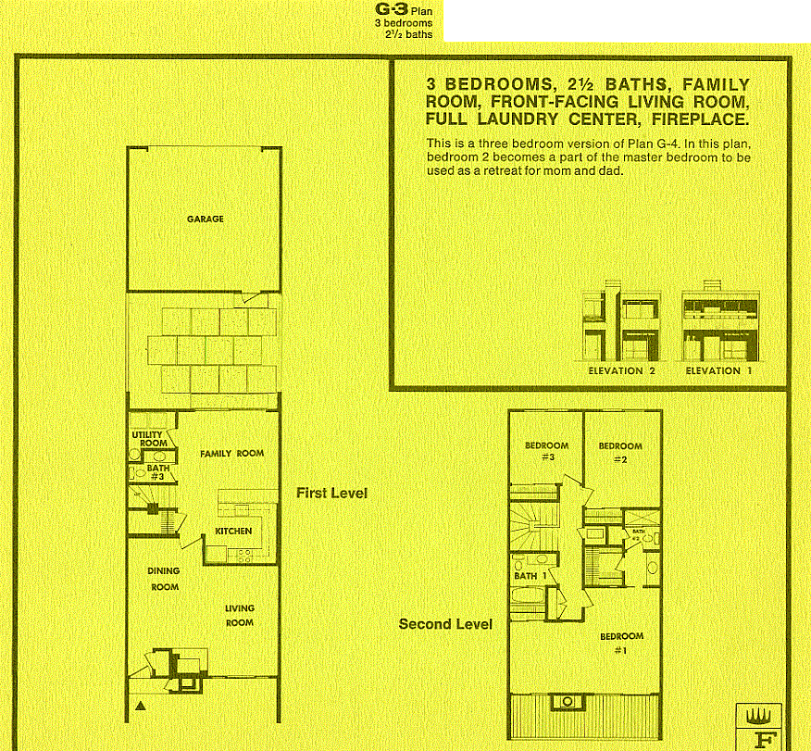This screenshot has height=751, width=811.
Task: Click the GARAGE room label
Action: pos(205,219)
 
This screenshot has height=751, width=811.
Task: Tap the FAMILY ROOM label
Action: pos(231,454)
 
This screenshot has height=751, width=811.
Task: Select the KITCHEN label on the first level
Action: pos(233,532)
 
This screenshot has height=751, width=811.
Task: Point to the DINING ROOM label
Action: pos(164,579)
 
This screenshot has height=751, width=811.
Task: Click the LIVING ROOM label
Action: pos(239,616)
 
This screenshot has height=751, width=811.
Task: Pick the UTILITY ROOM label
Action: pos(148,439)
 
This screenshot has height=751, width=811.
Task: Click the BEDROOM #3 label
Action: pos(545,451)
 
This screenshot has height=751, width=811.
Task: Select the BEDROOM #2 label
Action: pos(619,451)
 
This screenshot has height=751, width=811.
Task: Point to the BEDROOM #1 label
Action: pos(621,642)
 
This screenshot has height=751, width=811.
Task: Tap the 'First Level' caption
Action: pos(331,493)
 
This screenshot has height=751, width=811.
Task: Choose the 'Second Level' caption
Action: pos(445,624)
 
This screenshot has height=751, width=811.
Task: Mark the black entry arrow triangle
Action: pos(140,707)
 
